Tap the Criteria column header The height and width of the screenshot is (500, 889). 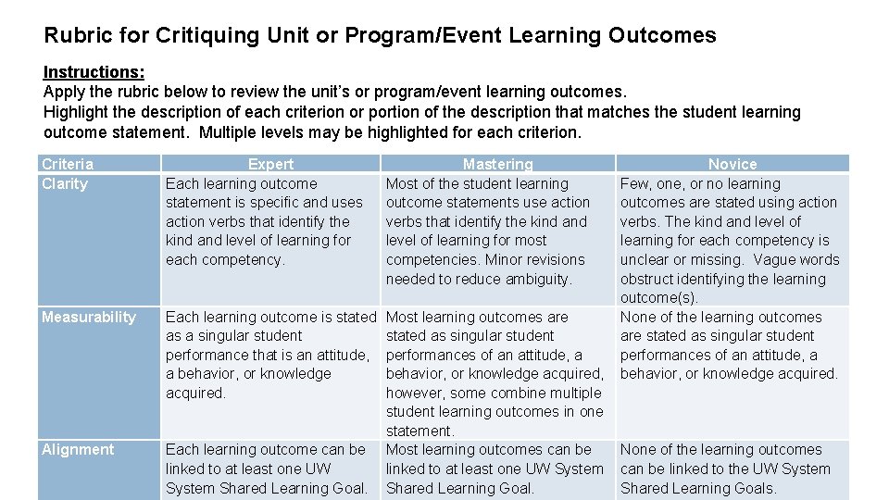68,164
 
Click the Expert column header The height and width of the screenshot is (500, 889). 270,164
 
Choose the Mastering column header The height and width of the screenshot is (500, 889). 497,164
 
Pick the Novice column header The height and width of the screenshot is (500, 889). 732,164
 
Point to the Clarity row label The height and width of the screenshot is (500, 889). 65,183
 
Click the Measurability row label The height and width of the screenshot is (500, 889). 89,317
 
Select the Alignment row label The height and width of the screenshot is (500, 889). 78,449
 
